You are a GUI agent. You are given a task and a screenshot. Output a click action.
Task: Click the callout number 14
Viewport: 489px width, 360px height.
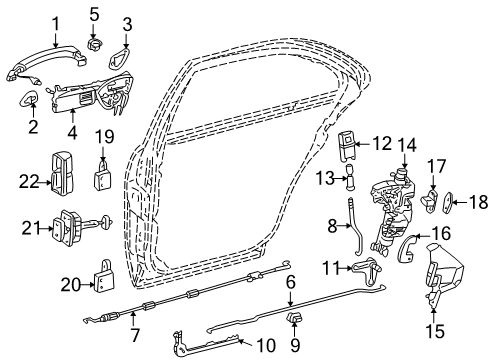[407, 145]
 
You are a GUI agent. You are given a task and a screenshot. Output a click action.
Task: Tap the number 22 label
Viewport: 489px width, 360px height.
[30, 182]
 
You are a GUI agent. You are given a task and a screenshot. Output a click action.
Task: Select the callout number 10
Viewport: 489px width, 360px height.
[266, 345]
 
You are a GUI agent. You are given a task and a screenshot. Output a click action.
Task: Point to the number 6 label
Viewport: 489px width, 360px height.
[291, 282]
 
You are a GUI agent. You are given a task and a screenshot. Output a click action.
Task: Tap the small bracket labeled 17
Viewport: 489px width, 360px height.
[430, 200]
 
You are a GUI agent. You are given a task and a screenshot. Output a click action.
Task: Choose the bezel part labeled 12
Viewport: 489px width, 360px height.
[348, 146]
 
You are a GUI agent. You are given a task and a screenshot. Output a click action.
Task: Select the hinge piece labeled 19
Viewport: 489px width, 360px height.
[102, 175]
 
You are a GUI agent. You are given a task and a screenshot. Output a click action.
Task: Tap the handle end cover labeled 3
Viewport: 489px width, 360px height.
[118, 58]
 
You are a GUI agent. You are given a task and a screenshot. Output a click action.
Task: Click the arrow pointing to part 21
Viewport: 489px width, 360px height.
[44, 229]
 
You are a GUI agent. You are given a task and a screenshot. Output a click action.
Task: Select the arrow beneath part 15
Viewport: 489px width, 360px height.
[433, 316]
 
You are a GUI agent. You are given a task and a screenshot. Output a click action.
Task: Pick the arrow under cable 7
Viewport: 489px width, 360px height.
[133, 318]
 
